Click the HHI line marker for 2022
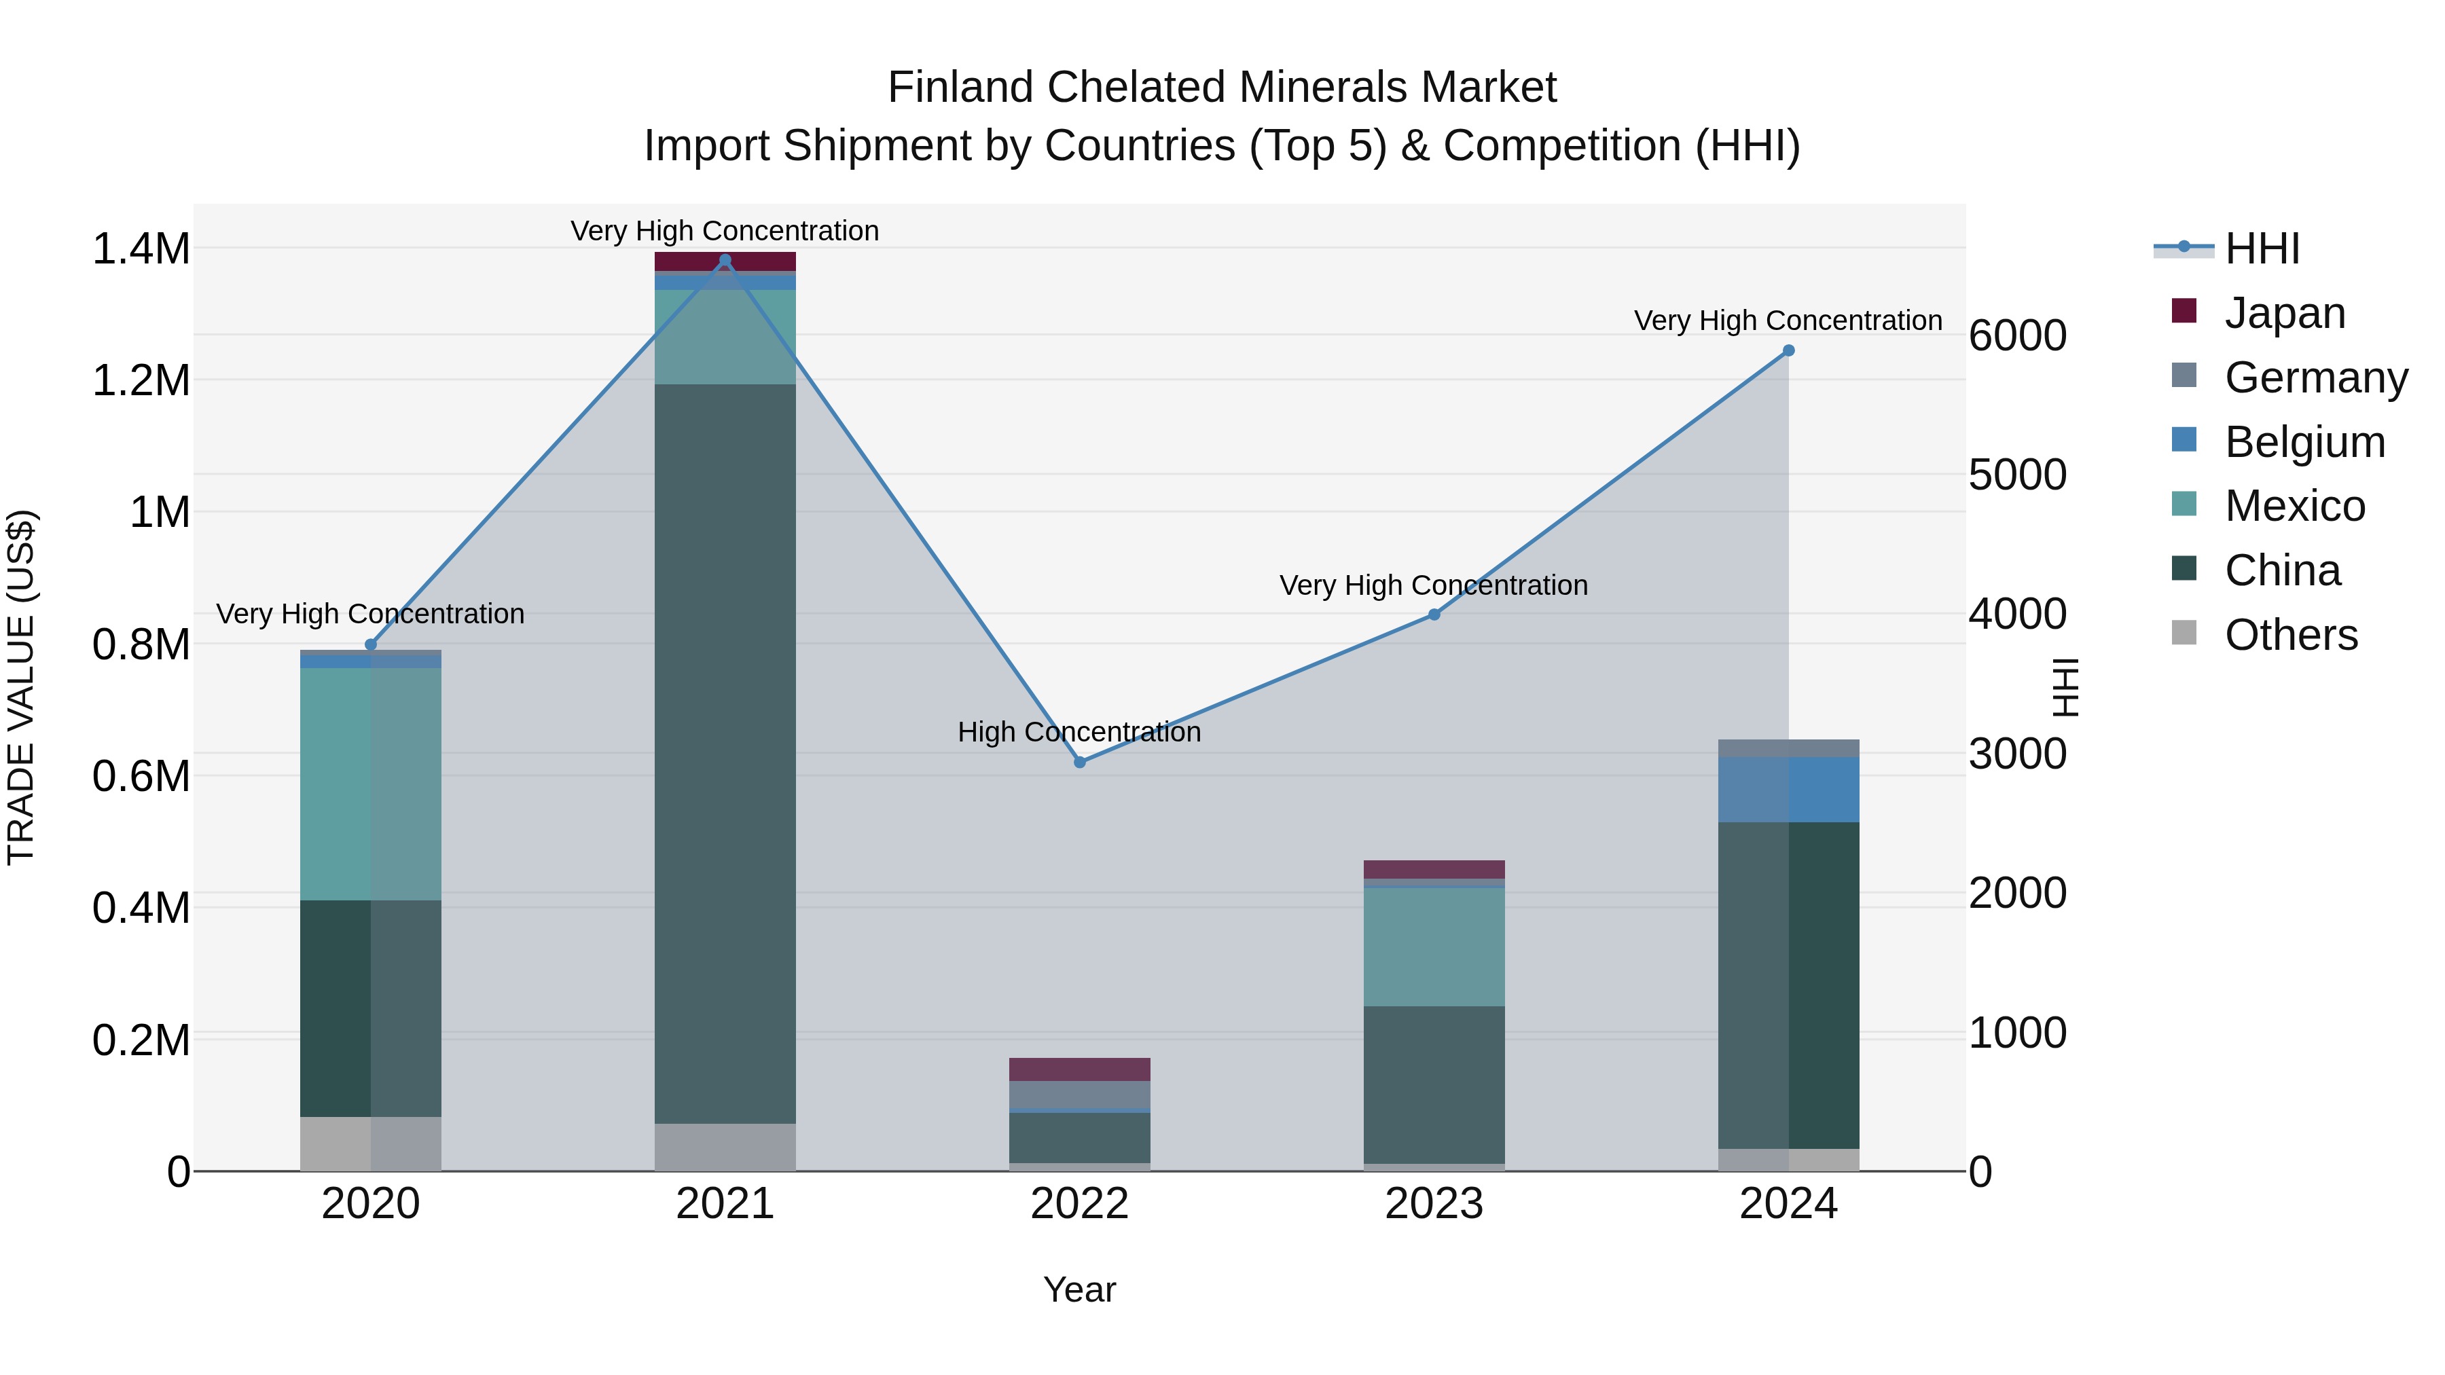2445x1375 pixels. coord(1079,762)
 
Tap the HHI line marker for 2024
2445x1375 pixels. coord(1788,350)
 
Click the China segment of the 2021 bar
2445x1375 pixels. coord(725,754)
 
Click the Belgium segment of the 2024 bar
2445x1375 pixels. coord(1788,790)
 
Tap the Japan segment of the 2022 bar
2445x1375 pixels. coord(1079,1069)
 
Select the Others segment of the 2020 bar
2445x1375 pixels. coord(370,1143)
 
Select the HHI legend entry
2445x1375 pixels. coord(2261,249)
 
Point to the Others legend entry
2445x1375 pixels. coord(2289,635)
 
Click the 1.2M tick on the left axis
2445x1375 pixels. coord(141,380)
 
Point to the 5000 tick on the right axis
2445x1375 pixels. coord(2017,475)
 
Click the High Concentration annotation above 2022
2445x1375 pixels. coord(1079,731)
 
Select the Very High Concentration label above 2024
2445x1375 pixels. coord(1788,320)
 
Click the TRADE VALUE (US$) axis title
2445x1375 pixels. coord(21,687)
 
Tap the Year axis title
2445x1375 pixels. coord(1079,1289)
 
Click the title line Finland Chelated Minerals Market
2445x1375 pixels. coord(1222,88)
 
